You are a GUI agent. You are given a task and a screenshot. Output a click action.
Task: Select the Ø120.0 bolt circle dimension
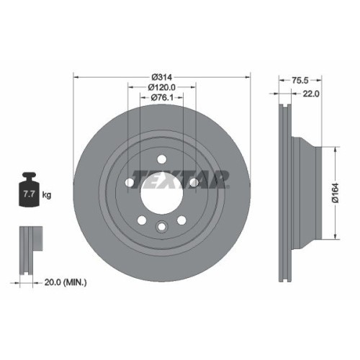[x=162, y=87]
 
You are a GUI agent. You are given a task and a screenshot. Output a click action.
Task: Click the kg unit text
[x=48, y=194]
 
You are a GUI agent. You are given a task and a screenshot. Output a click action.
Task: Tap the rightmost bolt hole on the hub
[x=194, y=183]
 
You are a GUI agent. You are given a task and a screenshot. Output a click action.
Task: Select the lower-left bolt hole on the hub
[x=142, y=220]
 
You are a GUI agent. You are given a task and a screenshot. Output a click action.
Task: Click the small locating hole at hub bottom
[x=161, y=229]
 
